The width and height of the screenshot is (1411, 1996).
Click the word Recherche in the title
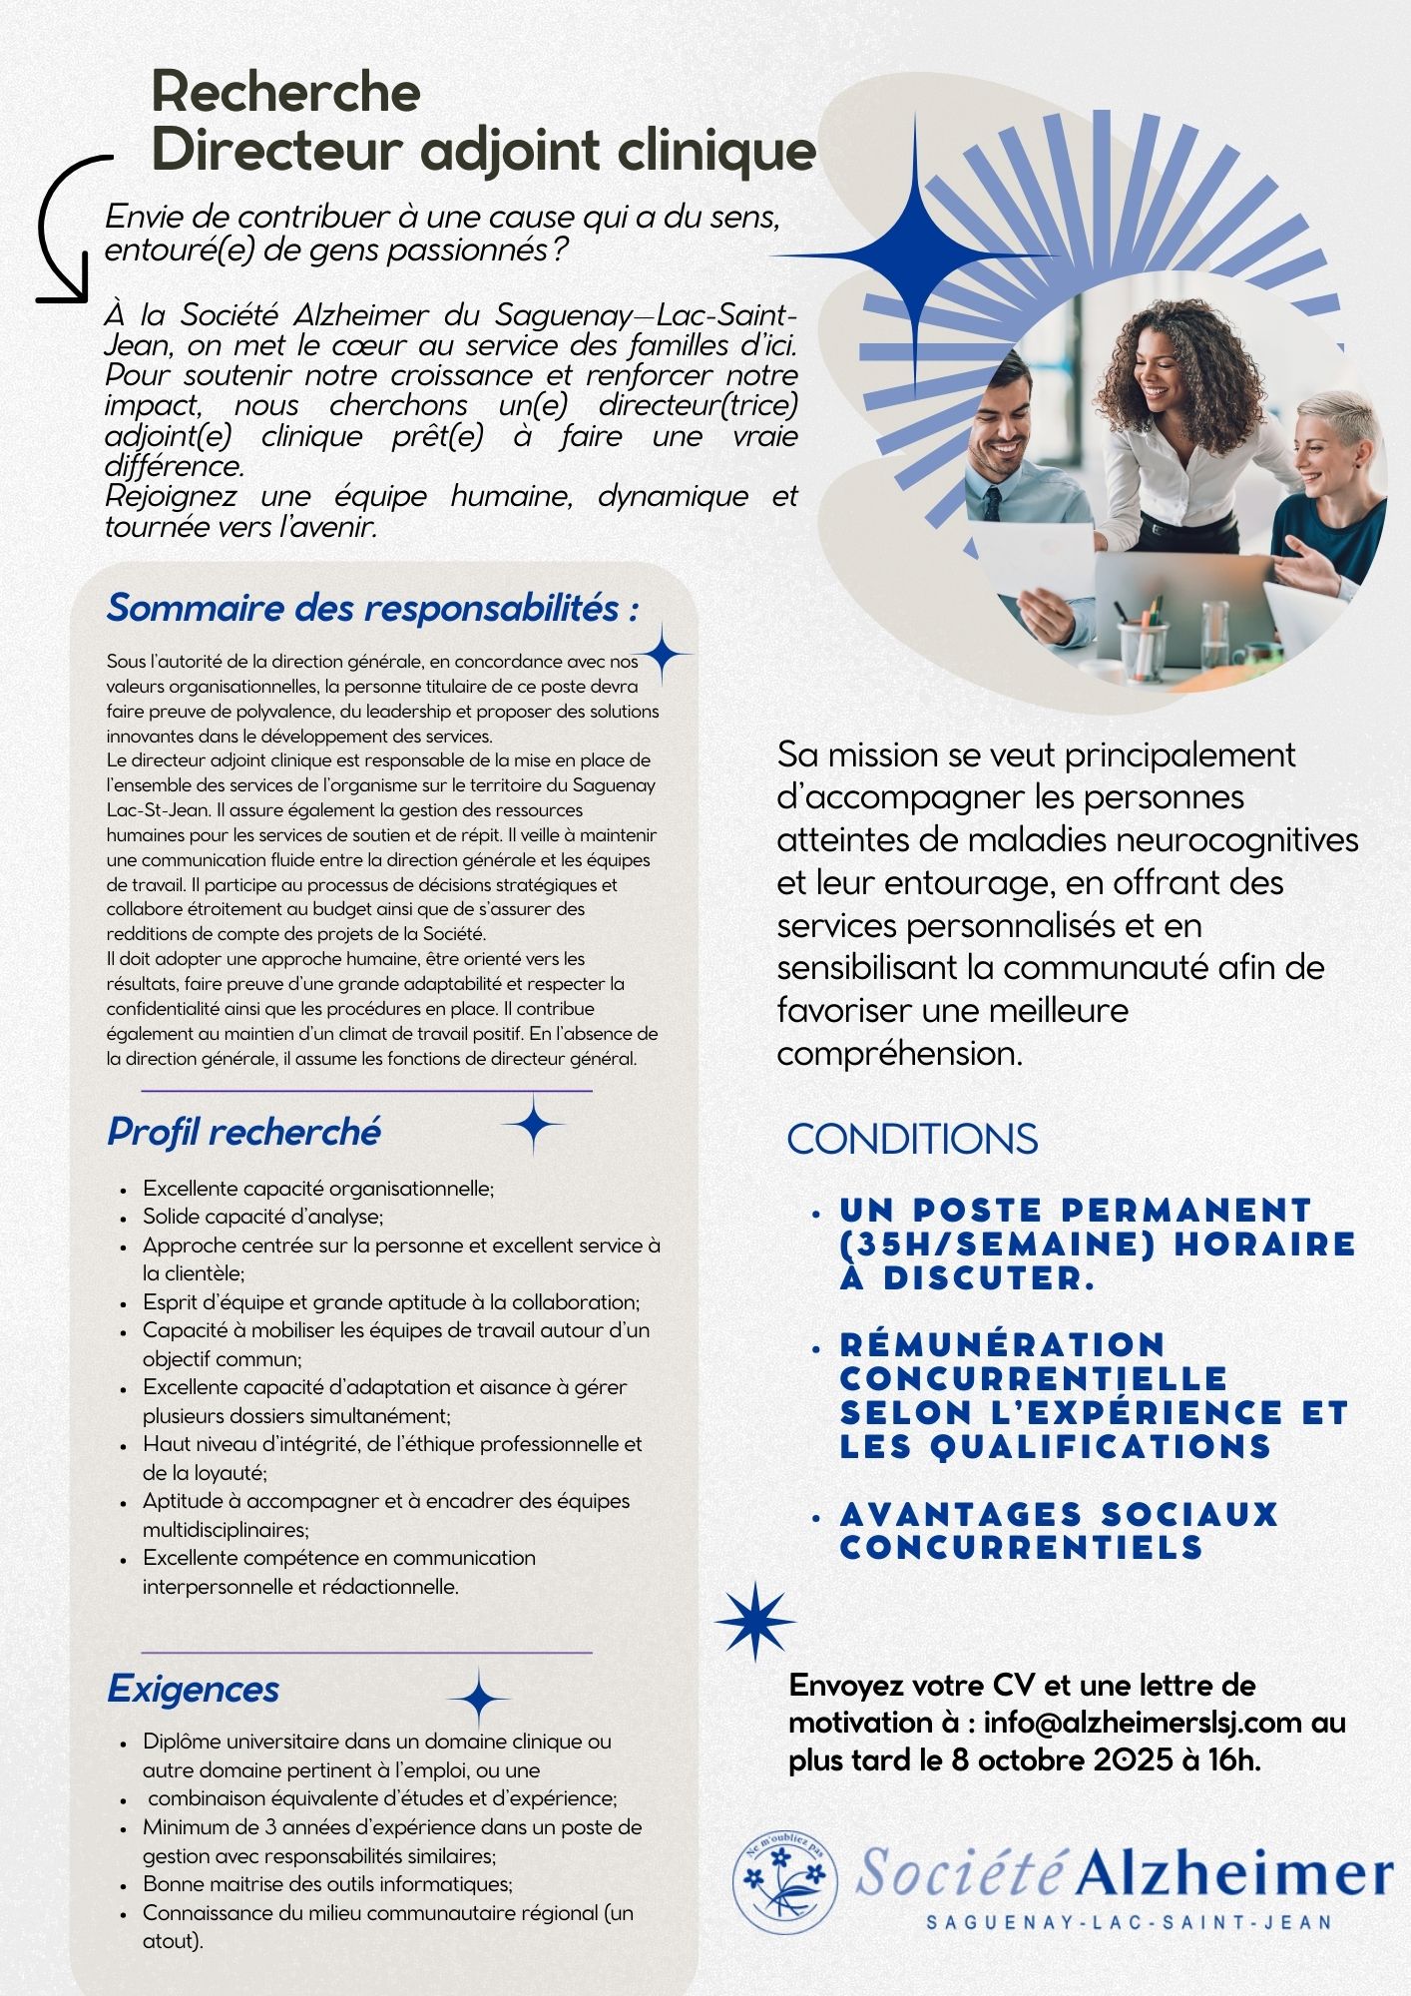pyautogui.click(x=285, y=92)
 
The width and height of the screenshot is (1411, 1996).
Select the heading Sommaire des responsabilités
pyautogui.click(x=372, y=608)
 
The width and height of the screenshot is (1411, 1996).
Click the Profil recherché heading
pyautogui.click(x=243, y=1132)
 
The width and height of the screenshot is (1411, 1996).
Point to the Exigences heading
pyautogui.click(x=193, y=1689)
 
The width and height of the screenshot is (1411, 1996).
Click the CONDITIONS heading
pyautogui.click(x=912, y=1140)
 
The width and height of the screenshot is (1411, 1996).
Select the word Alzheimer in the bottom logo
pyautogui.click(x=1233, y=1874)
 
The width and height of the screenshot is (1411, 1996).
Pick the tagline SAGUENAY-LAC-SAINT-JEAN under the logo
pyautogui.click(x=1130, y=1922)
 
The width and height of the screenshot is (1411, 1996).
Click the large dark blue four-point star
pyautogui.click(x=914, y=255)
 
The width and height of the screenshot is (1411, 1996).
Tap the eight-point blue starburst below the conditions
pyautogui.click(x=755, y=1622)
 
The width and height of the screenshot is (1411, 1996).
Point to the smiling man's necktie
pyautogui.click(x=993, y=503)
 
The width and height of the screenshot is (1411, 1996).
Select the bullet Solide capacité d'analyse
pyautogui.click(x=262, y=1217)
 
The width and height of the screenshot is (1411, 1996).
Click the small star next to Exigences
pyautogui.click(x=479, y=1697)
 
